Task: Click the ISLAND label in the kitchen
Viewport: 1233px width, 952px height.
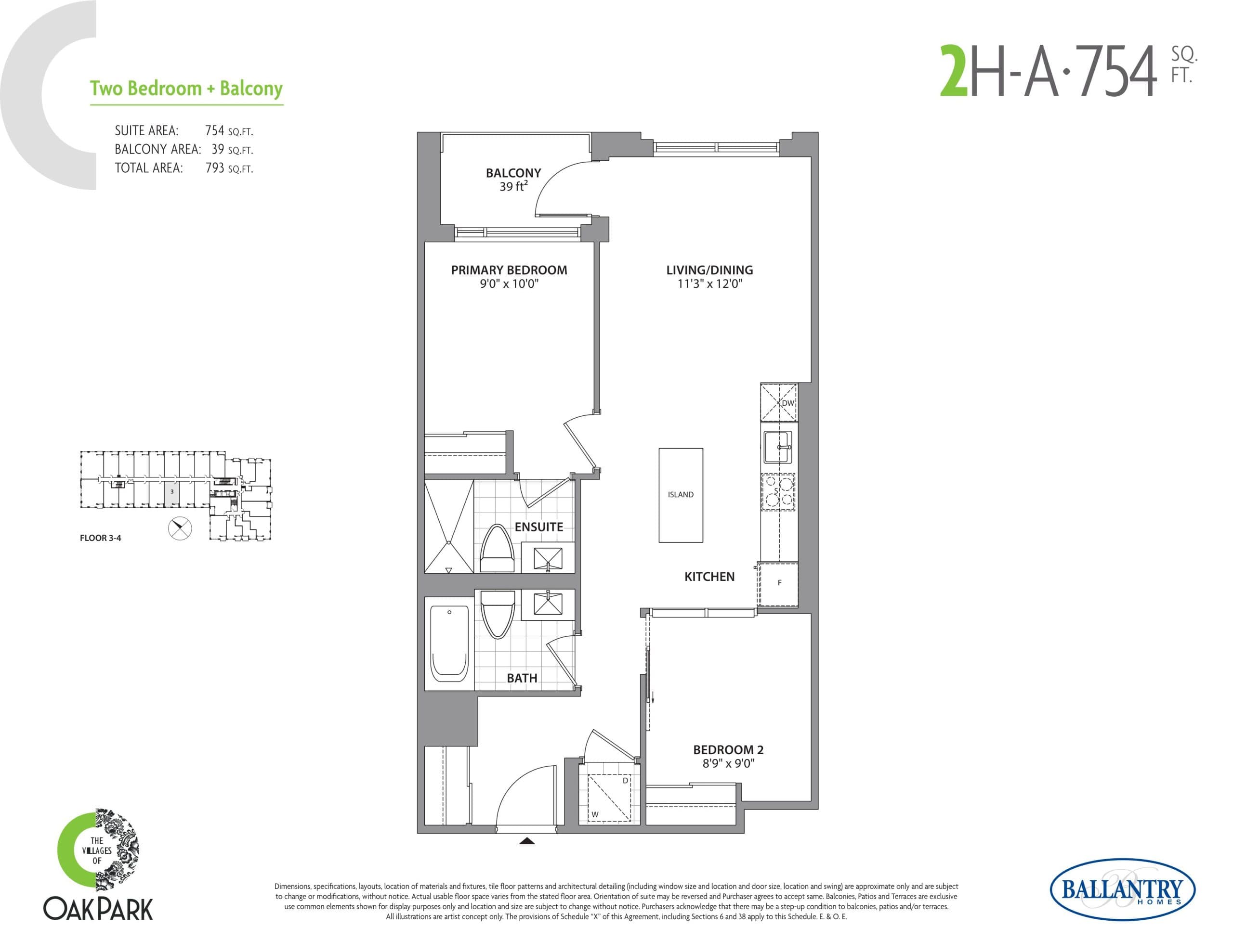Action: pos(680,494)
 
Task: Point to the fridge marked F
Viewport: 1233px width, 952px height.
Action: pos(779,583)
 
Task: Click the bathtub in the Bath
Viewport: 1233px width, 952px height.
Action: pos(449,643)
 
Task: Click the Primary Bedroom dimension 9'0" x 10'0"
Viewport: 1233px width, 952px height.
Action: pos(509,284)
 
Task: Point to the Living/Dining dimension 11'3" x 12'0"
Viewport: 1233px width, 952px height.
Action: pos(709,284)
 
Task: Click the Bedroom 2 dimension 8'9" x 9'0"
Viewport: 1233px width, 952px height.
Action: pos(728,763)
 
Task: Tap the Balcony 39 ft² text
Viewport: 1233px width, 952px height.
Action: pos(513,186)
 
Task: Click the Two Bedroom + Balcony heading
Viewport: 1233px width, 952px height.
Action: pos(186,89)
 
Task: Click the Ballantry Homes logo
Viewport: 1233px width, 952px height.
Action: pos(1122,890)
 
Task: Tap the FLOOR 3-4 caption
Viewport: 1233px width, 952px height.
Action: pos(101,538)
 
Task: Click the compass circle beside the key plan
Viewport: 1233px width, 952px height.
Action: pos(180,528)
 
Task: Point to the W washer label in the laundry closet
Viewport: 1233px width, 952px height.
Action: pos(595,814)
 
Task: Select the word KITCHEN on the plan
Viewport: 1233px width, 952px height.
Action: pos(709,577)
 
